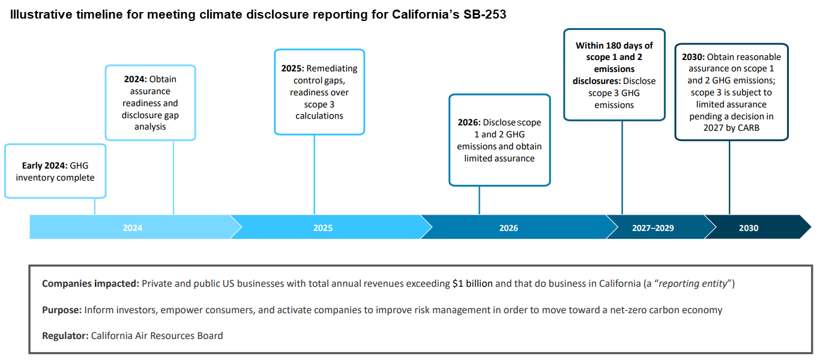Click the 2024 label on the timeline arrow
click(x=133, y=228)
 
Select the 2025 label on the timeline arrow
click(x=322, y=228)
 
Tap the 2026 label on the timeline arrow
click(x=508, y=228)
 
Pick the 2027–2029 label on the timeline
click(x=653, y=228)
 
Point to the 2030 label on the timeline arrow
click(x=749, y=228)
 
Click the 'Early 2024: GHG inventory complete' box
click(x=55, y=172)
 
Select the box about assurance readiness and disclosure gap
click(x=150, y=103)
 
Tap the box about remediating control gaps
click(x=319, y=92)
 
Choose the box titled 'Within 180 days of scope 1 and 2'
click(x=614, y=75)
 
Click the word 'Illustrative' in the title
click(x=39, y=15)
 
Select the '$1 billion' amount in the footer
click(x=472, y=283)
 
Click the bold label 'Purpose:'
click(x=61, y=310)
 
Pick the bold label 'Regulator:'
click(x=65, y=336)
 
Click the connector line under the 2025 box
click(x=314, y=174)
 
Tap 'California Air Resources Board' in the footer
click(x=157, y=336)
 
